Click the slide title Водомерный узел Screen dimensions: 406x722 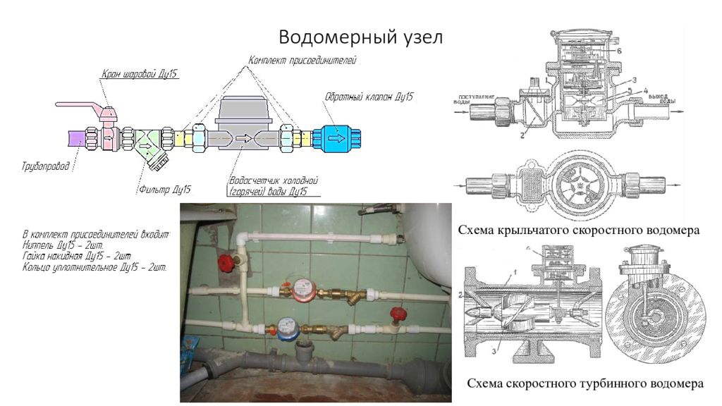click(x=360, y=37)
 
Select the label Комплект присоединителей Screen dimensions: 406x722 click(x=303, y=60)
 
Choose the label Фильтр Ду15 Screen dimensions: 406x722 click(x=164, y=189)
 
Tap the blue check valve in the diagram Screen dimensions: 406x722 click(x=337, y=137)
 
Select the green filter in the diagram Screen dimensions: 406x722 click(x=150, y=142)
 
